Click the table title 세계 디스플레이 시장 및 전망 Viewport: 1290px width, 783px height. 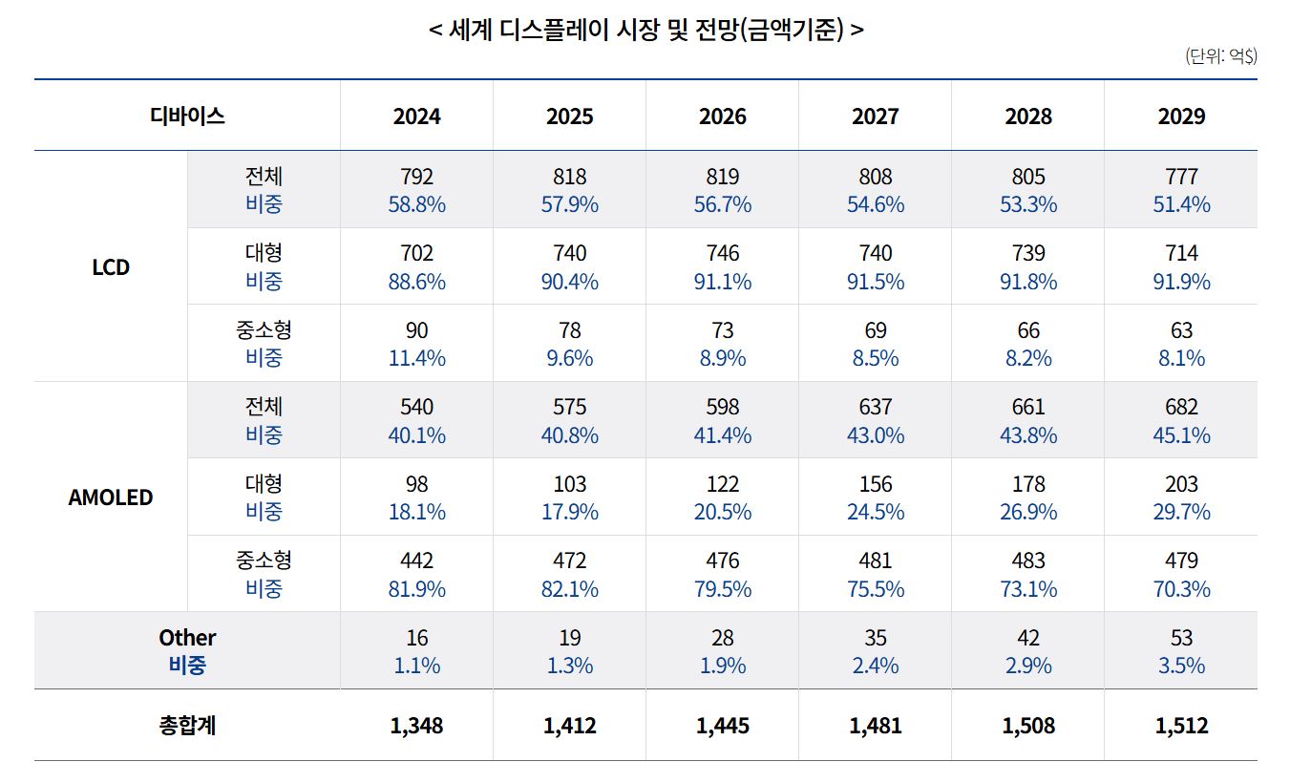point(646,30)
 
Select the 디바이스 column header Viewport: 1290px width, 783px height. point(187,116)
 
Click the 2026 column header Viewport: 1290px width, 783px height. point(722,116)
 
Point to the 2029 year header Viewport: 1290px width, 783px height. point(1181,116)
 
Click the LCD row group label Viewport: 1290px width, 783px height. point(111,267)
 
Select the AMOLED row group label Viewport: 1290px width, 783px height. point(111,497)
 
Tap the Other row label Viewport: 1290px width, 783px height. point(187,638)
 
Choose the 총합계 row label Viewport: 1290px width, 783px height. point(187,726)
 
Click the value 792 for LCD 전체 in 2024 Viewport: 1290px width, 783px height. point(416,178)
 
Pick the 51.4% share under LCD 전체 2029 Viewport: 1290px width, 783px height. point(1181,205)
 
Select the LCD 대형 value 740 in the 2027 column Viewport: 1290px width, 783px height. point(875,254)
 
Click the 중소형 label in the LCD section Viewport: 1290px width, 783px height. point(264,330)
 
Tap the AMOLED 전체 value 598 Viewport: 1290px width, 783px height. point(722,408)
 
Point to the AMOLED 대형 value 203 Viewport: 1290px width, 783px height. point(1181,484)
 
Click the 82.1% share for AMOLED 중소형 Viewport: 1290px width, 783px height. point(569,589)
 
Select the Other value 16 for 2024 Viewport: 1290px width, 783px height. point(416,638)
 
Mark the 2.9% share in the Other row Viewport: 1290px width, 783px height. point(1028,666)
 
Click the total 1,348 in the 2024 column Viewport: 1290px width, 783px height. point(416,726)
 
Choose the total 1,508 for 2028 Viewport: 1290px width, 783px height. point(1028,726)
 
